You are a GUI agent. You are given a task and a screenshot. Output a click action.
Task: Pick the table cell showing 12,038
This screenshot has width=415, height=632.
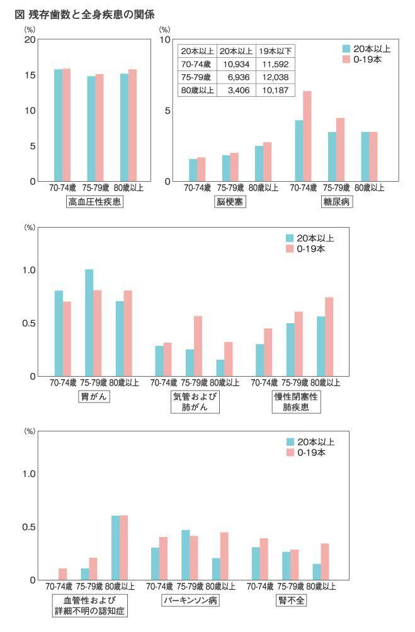pyautogui.click(x=275, y=77)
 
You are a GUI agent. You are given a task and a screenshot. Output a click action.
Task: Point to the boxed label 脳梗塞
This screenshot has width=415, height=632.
pyautogui.click(x=229, y=202)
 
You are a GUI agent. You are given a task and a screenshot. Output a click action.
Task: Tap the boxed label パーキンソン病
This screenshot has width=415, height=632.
pyautogui.click(x=191, y=600)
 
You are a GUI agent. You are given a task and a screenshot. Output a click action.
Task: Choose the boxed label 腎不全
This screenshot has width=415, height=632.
pyautogui.click(x=291, y=600)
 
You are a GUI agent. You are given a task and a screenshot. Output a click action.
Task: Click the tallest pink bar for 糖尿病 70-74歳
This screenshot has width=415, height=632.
pyautogui.click(x=307, y=136)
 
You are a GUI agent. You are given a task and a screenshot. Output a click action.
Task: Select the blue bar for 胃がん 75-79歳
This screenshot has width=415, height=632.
pyautogui.click(x=89, y=323)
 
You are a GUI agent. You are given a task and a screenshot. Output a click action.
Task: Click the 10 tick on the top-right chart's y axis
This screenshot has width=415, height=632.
pyautogui.click(x=167, y=40)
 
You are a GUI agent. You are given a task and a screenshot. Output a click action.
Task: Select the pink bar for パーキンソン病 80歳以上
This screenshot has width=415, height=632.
pyautogui.click(x=224, y=556)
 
